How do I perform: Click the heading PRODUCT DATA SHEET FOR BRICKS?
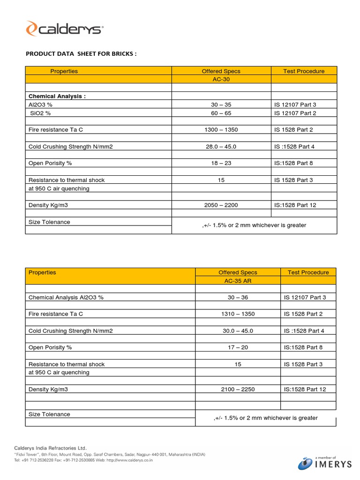click(x=81, y=53)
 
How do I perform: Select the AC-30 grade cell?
click(x=221, y=79)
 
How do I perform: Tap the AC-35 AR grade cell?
click(x=238, y=280)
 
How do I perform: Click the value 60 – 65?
click(x=221, y=113)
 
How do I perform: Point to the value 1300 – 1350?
click(x=221, y=130)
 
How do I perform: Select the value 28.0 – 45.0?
click(x=221, y=147)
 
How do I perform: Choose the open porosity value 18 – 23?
click(x=221, y=163)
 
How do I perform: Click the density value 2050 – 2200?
click(x=221, y=205)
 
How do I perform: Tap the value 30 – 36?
click(x=238, y=297)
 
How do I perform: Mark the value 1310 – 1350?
click(x=238, y=314)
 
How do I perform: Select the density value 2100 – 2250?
click(x=238, y=389)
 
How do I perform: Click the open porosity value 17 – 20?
click(x=238, y=347)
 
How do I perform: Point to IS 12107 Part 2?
click(x=295, y=113)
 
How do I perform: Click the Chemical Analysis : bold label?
click(x=57, y=96)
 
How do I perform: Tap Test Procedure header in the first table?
click(x=304, y=71)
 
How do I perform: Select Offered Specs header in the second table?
click(x=238, y=272)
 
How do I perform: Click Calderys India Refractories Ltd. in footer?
click(x=51, y=448)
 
